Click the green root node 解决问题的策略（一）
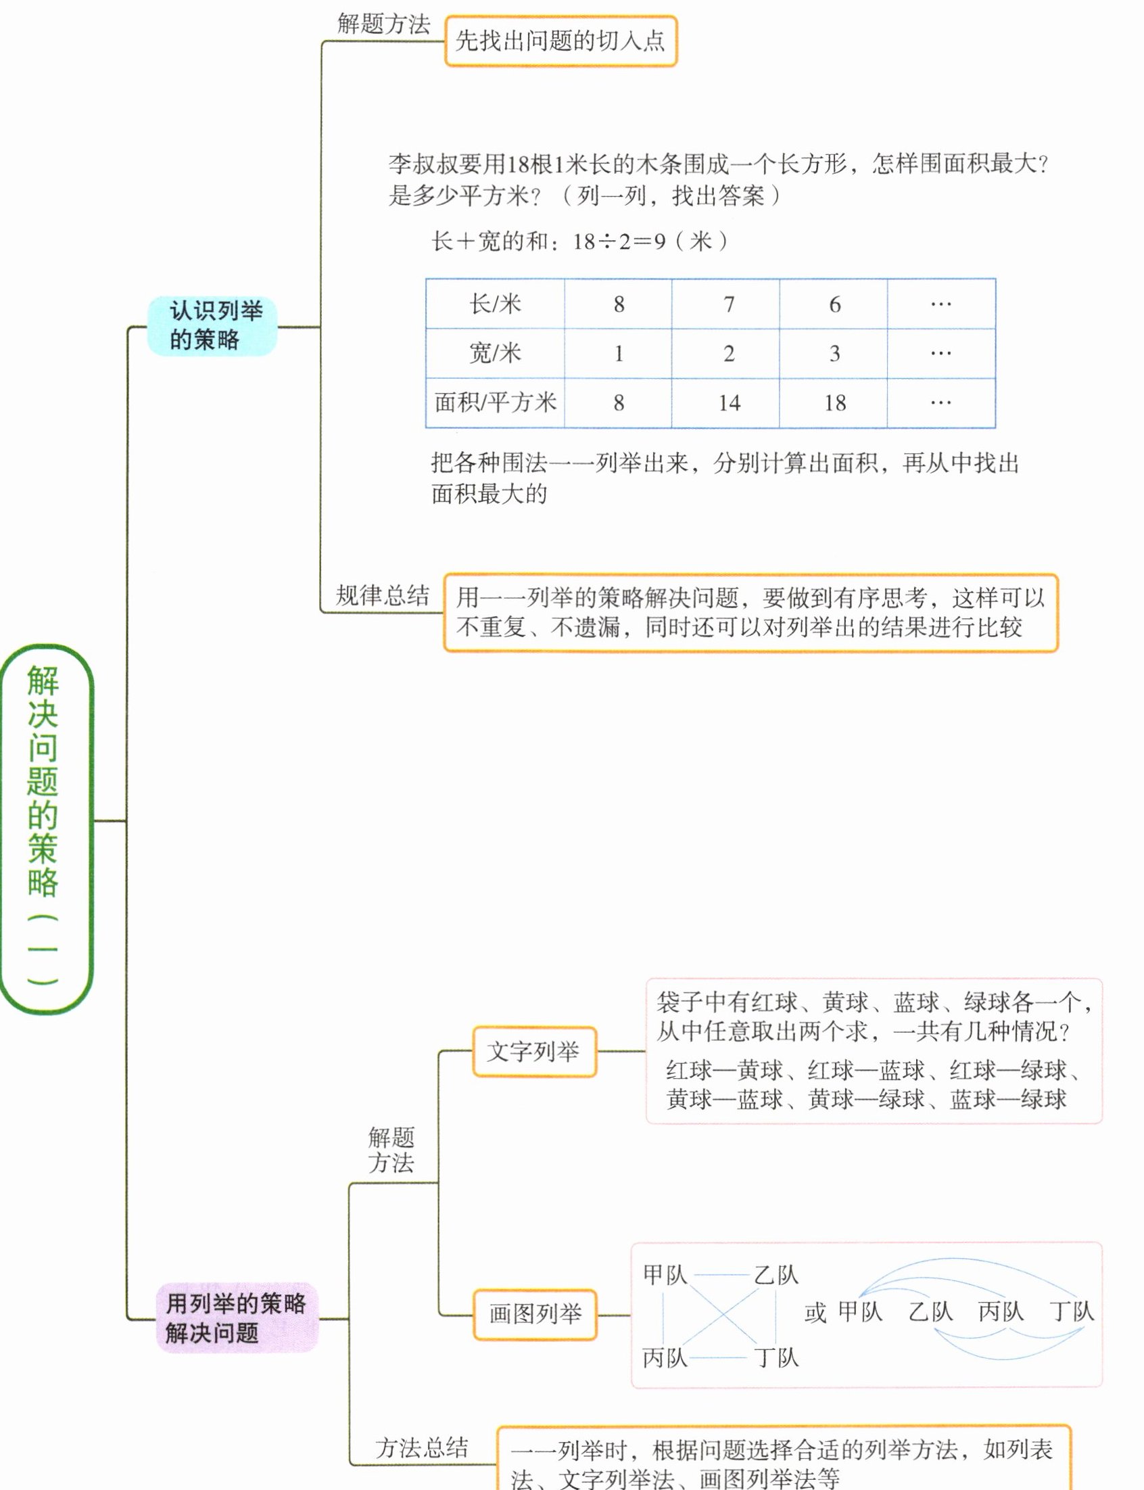[45, 827]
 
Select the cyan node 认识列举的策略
[212, 325]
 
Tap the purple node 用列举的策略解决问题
[236, 1318]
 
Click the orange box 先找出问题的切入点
[561, 41]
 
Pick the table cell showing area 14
[729, 403]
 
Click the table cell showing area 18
[835, 403]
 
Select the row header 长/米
[495, 304]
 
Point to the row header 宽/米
[495, 354]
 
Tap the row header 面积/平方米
[495, 403]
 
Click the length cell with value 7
[729, 304]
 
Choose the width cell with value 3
[835, 354]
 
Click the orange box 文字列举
[534, 1052]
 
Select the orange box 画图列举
[535, 1313]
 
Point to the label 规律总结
[383, 596]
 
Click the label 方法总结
[422, 1447]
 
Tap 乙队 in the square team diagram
[776, 1275]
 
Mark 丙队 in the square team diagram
[665, 1357]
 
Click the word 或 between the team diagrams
[815, 1312]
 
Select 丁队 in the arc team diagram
[1071, 1311]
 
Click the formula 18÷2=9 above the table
[619, 241]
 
